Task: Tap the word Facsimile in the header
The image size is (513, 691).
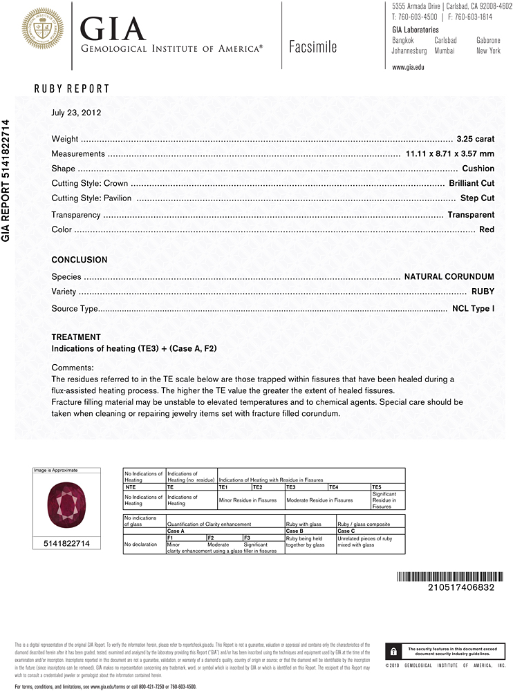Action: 313,47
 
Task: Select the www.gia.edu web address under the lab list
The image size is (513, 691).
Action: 408,67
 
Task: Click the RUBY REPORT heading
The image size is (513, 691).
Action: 72,88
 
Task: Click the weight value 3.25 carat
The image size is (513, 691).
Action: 476,139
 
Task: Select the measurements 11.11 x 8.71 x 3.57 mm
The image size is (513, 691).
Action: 450,154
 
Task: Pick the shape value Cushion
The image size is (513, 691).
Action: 478,169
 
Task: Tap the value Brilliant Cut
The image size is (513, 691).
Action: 472,183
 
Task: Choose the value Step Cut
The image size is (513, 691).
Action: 477,198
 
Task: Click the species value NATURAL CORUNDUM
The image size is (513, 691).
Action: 449,276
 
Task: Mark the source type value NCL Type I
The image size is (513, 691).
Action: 473,308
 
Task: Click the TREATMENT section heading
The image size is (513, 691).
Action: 76,337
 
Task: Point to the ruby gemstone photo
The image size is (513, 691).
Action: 66,505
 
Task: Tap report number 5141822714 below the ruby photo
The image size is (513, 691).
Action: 66,545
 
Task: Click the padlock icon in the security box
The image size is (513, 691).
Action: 393,651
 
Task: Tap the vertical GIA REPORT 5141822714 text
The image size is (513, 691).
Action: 7,180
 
